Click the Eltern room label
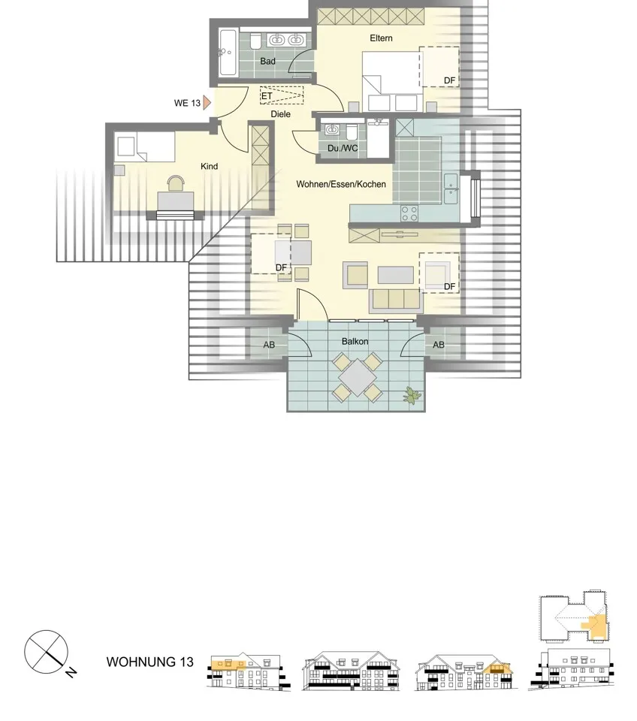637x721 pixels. (381, 38)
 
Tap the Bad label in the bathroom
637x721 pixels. (267, 61)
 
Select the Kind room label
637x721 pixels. (210, 167)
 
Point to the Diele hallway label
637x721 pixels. (280, 114)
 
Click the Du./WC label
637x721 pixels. (343, 149)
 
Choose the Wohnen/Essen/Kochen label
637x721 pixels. (341, 184)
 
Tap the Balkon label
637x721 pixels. (355, 342)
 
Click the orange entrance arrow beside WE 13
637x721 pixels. (207, 103)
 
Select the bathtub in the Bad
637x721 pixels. (228, 53)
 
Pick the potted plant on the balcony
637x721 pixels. (412, 396)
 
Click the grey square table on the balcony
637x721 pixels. (358, 377)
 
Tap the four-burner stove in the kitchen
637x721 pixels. (409, 213)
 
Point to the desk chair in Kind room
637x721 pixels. (176, 183)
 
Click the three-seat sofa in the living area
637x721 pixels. (396, 300)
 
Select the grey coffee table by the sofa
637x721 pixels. (396, 276)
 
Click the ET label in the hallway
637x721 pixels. (267, 96)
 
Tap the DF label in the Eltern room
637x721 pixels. (449, 80)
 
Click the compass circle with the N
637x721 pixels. (46, 652)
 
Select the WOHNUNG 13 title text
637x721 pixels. (150, 662)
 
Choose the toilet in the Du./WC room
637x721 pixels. (352, 131)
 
